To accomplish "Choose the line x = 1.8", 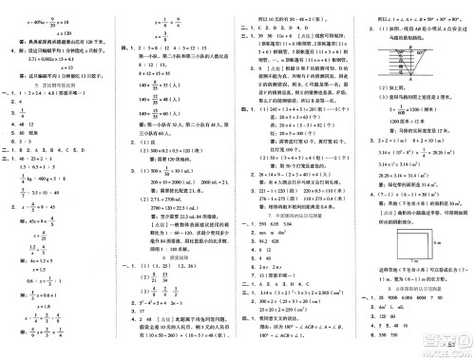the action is [40, 306].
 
